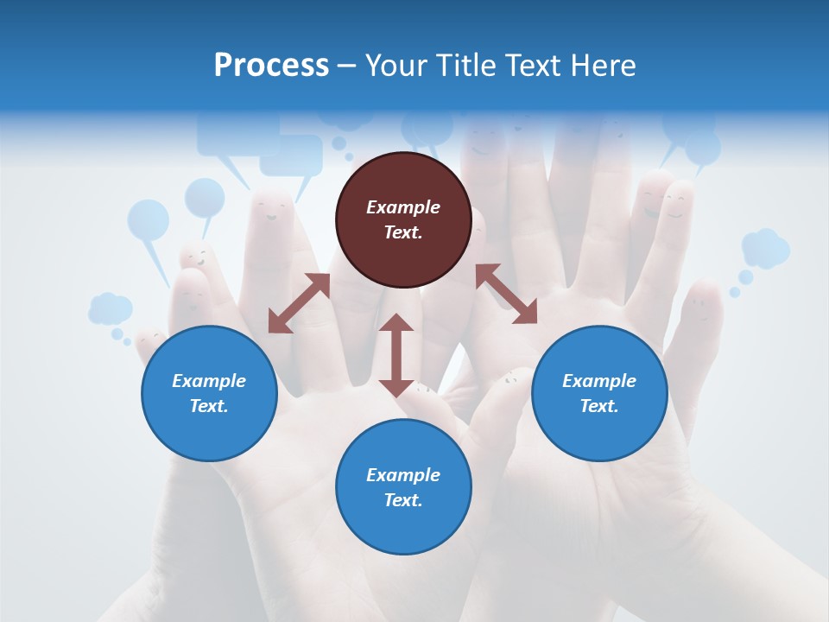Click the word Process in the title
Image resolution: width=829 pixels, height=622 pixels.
click(271, 66)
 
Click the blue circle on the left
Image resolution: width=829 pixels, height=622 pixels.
click(209, 393)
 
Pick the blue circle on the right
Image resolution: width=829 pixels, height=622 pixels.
click(599, 393)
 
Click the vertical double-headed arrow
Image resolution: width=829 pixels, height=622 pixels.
click(396, 355)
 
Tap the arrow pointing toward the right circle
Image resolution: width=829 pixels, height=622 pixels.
click(507, 294)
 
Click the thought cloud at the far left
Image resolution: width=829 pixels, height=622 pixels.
click(110, 308)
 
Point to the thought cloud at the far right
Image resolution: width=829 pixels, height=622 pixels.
click(765, 248)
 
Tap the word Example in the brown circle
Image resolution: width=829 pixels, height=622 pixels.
click(403, 207)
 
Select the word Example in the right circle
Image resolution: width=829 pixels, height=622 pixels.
click(599, 381)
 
